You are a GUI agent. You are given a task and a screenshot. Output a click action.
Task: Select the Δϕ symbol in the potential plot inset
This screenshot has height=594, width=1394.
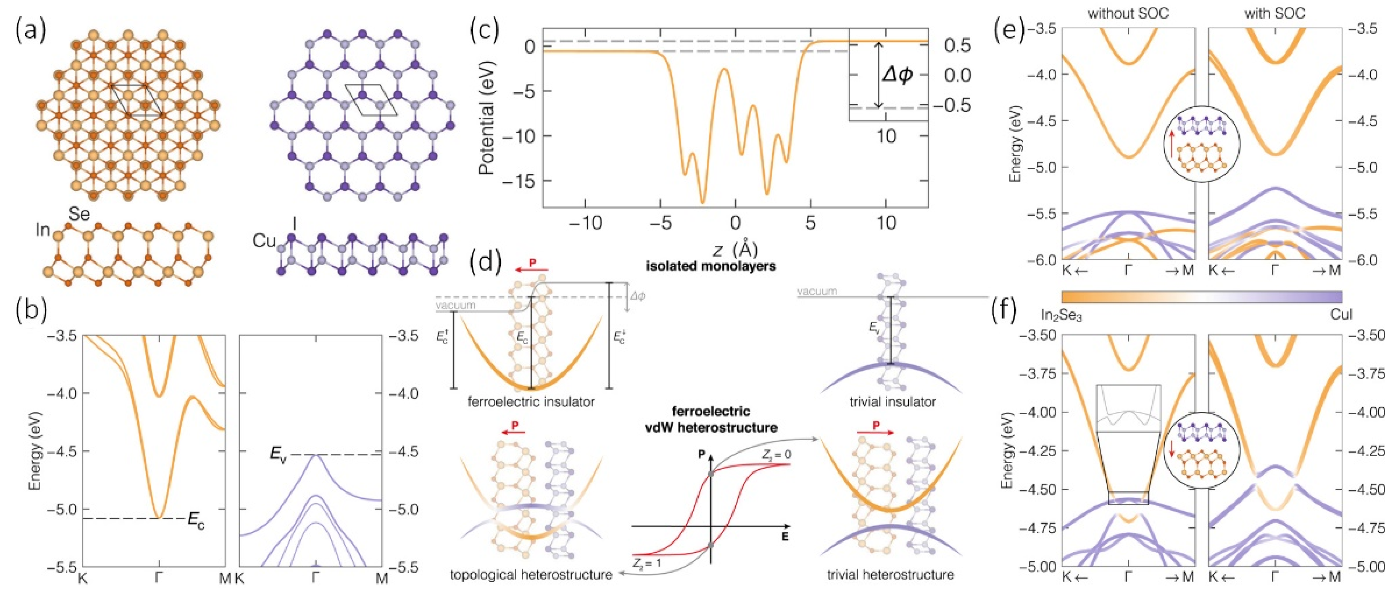click(x=897, y=75)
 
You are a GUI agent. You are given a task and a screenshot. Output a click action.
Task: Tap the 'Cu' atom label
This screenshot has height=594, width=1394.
click(x=264, y=241)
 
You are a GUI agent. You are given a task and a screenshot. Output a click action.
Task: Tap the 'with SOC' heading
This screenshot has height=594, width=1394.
click(x=1274, y=13)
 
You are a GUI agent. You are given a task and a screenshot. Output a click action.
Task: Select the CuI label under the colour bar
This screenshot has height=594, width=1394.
click(x=1341, y=315)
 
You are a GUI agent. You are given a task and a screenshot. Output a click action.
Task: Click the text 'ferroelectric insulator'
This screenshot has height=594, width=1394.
click(x=531, y=402)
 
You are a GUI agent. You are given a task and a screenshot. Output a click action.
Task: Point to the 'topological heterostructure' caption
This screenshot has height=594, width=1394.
click(x=531, y=574)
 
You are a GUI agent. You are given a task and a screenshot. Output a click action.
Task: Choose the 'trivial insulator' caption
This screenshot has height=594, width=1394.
click(x=892, y=402)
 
